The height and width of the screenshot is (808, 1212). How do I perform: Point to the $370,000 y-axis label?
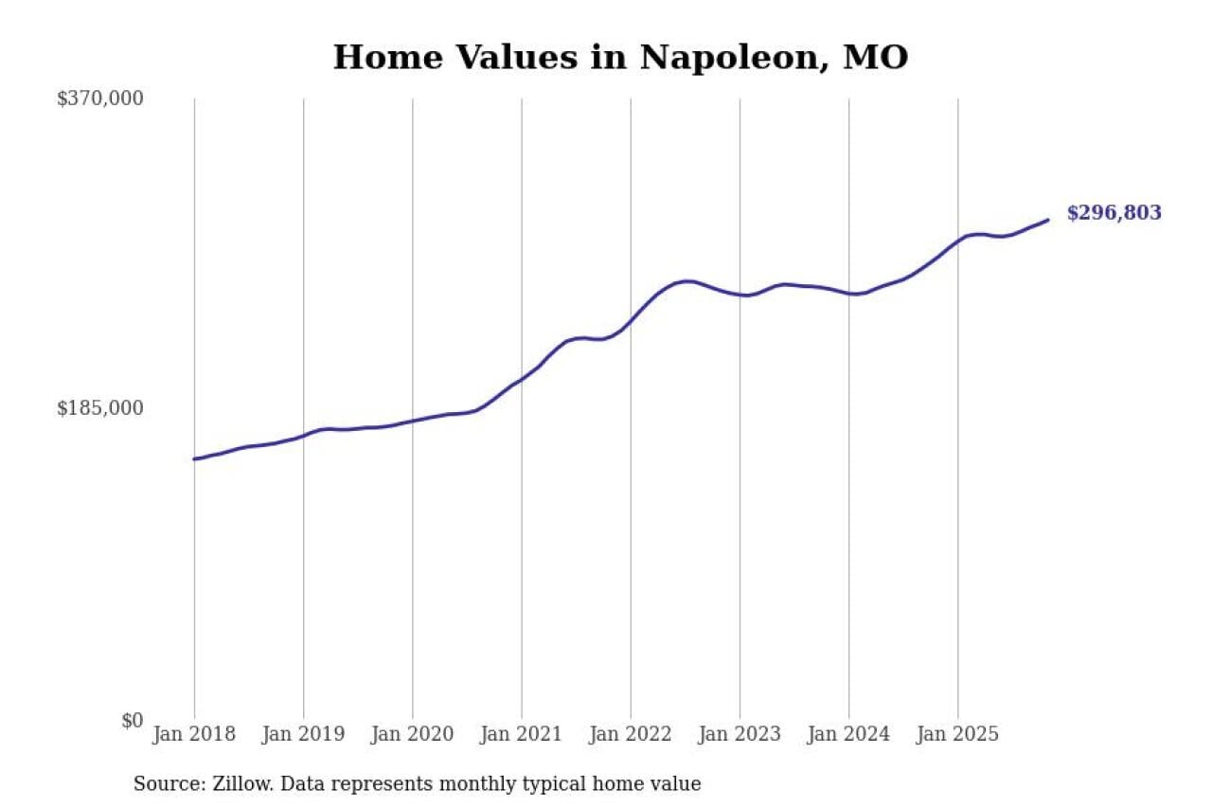coord(100,99)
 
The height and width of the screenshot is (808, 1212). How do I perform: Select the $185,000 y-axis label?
coord(100,408)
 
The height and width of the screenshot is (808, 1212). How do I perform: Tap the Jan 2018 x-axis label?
coord(194,735)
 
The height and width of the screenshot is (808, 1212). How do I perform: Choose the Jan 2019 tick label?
coord(303,735)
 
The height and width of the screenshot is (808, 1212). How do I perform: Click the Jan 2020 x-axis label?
coord(412,735)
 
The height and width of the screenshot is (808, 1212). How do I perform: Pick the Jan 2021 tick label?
coord(521,735)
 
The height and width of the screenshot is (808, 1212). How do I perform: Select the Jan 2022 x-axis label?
coord(631,735)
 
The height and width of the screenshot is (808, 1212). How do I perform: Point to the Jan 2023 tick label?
coord(740,735)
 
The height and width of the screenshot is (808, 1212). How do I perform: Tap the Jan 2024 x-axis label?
coord(848,735)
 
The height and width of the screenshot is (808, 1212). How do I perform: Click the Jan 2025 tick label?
coord(957,735)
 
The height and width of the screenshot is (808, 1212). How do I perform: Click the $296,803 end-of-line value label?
coord(1114,213)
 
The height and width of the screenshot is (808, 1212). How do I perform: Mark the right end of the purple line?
coord(1047,220)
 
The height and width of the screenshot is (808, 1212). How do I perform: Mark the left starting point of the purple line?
coord(195,458)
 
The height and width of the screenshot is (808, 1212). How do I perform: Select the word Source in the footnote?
coord(164,784)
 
